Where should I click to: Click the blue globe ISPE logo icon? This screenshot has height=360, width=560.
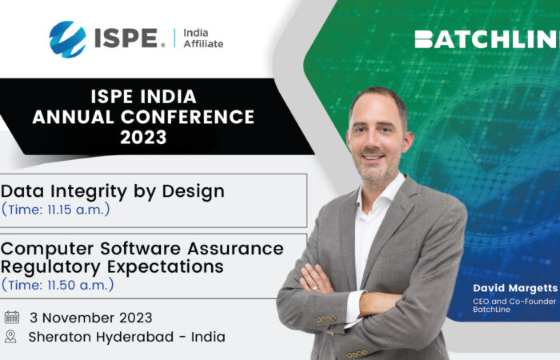pyautogui.click(x=67, y=39)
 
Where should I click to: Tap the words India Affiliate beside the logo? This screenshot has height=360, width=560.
pyautogui.click(x=203, y=38)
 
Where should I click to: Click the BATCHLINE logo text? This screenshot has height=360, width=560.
pyautogui.click(x=487, y=39)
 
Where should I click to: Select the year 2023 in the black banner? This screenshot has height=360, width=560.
pyautogui.click(x=143, y=137)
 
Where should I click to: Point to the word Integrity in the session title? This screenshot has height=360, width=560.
pyautogui.click(x=89, y=192)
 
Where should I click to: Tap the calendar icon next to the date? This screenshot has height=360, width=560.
pyautogui.click(x=12, y=317)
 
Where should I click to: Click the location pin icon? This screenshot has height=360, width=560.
pyautogui.click(x=10, y=337)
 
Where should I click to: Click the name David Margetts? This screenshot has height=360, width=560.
pyautogui.click(x=515, y=288)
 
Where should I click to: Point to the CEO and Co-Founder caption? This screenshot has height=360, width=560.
pyautogui.click(x=514, y=302)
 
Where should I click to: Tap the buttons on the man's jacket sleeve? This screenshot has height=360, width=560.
pyautogui.click(x=326, y=319)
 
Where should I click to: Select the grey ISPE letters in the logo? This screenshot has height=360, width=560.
pyautogui.click(x=126, y=38)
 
